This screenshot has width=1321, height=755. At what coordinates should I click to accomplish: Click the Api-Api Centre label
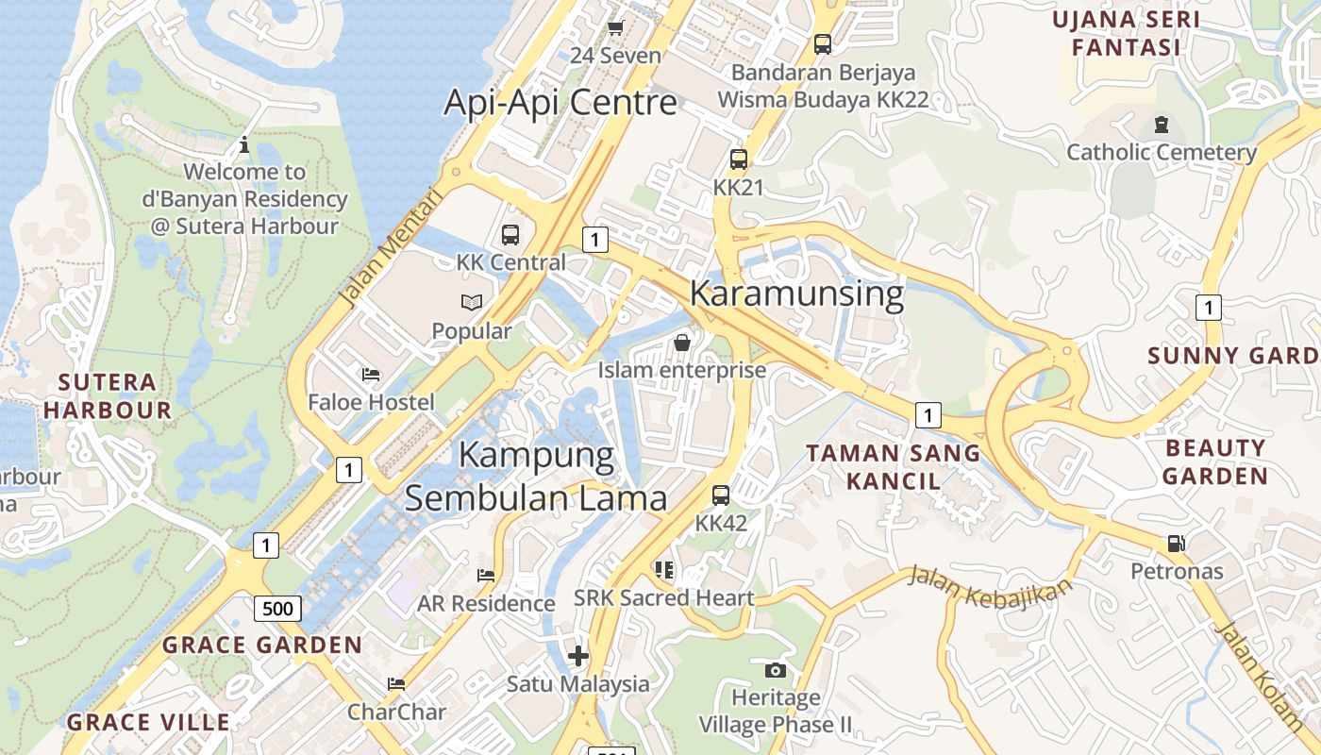pos(560,102)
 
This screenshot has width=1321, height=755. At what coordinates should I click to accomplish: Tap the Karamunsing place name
pos(796,294)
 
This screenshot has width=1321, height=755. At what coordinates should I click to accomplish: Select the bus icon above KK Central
pos(510,235)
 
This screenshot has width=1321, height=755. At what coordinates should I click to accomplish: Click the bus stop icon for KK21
pos(739,159)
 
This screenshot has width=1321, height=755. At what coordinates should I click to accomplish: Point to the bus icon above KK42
pos(721,495)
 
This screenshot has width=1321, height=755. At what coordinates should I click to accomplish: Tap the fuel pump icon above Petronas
pos(1176,544)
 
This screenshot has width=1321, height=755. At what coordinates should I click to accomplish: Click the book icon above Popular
pos(472,303)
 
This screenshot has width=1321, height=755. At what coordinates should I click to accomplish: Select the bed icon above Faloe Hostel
pos(371,375)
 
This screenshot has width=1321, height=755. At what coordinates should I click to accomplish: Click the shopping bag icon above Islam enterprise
pos(682,343)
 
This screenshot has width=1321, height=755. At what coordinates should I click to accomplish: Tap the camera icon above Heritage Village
pos(776,670)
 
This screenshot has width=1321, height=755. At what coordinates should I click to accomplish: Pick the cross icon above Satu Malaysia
pos(578,655)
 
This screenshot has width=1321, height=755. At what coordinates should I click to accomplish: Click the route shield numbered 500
pos(277,609)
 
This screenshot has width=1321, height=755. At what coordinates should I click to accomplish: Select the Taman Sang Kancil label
pos(893,467)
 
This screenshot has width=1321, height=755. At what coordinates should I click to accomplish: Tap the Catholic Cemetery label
pos(1162,152)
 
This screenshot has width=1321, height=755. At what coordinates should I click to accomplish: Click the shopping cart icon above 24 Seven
pos(616,28)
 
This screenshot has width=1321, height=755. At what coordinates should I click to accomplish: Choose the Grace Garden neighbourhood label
pos(262,646)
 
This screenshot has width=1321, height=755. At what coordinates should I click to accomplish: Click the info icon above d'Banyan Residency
pos(244,144)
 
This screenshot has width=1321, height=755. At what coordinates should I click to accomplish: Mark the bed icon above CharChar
pos(396,684)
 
